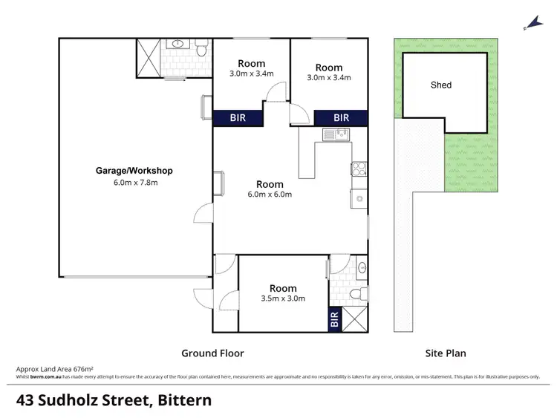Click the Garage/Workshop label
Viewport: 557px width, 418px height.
[134, 171]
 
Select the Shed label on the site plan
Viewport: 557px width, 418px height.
[441, 85]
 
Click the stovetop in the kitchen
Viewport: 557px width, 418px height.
[357, 169]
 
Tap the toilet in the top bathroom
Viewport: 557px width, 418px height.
[201, 49]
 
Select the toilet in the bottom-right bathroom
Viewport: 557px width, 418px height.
[357, 295]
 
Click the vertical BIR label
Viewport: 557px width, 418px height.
[334, 320]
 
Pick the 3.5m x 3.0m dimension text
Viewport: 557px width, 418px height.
[283, 298]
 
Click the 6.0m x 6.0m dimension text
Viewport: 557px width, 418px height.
[270, 195]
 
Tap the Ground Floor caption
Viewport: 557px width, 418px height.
[213, 353]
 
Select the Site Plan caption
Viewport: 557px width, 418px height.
[446, 353]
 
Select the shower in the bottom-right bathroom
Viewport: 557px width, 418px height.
[354, 319]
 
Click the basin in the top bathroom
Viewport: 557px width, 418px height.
[178, 45]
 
